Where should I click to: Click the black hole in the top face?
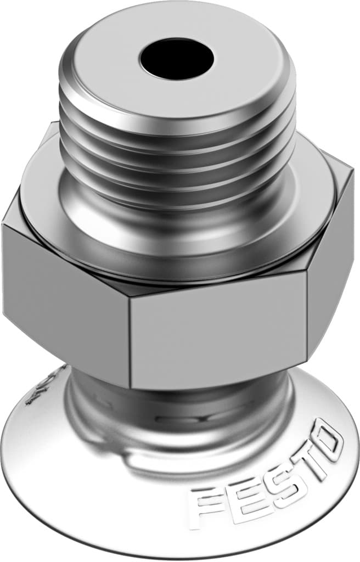(176, 58)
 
